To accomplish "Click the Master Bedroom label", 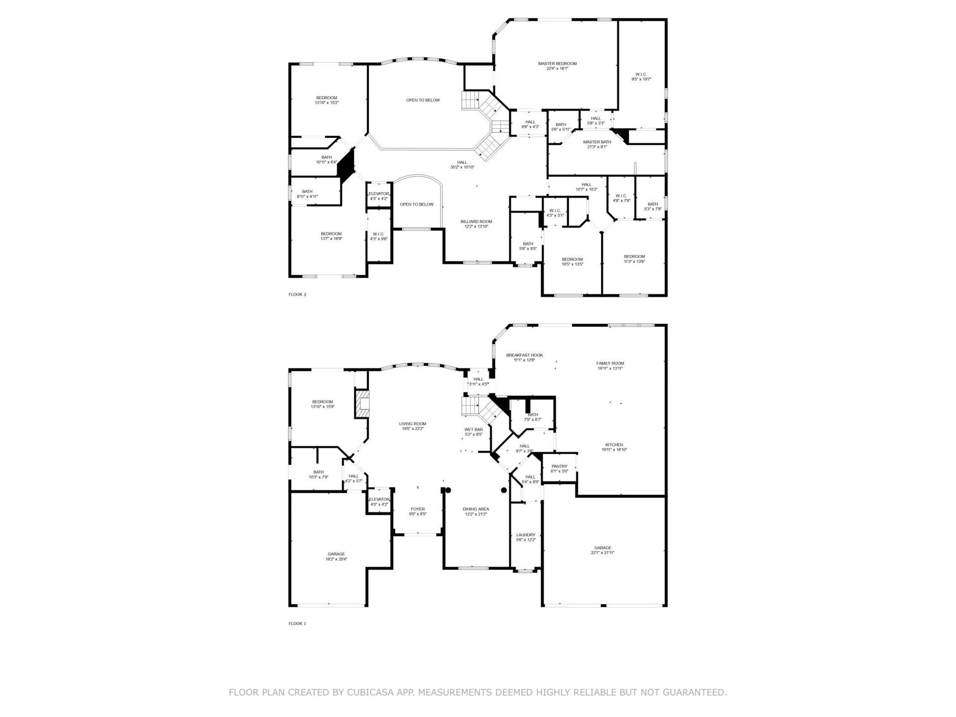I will click(x=557, y=66).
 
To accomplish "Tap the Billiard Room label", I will click(x=476, y=224).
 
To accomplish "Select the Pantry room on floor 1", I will click(x=559, y=469).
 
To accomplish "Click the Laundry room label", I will click(x=525, y=537).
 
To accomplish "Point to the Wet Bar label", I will click(x=474, y=432).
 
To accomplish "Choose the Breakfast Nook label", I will click(x=524, y=357).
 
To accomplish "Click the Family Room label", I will click(x=610, y=366).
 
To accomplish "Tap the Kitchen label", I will click(x=614, y=447).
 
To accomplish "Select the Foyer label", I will click(x=418, y=511).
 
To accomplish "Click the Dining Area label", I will click(x=476, y=511).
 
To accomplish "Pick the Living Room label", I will click(x=412, y=426).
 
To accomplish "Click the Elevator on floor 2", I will click(x=378, y=196).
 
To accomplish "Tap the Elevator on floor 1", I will click(x=379, y=501).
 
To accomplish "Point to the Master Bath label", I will click(x=597, y=144).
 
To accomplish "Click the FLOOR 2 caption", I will click(x=297, y=294).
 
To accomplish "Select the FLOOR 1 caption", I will click(x=297, y=623).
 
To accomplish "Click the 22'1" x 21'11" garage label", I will click(x=602, y=550).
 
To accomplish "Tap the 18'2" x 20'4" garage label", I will click(x=336, y=556).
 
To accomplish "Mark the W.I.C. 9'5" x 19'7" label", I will click(x=641, y=77).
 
